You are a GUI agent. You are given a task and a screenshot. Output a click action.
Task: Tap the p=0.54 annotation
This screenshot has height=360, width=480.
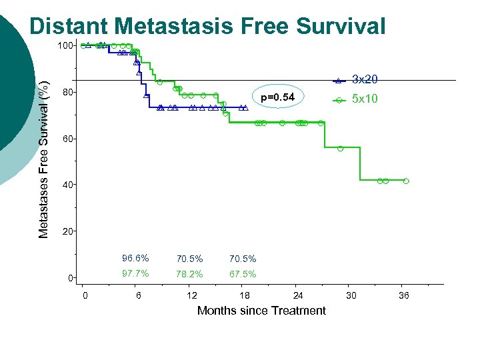point(277,98)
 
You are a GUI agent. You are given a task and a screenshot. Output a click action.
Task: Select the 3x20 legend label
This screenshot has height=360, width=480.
point(365,79)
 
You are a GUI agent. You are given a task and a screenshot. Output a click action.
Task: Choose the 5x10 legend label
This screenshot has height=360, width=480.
point(365,99)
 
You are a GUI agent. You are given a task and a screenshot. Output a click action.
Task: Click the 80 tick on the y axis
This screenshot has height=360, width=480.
point(67,92)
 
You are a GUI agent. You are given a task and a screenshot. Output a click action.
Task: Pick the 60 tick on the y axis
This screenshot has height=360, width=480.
point(67,139)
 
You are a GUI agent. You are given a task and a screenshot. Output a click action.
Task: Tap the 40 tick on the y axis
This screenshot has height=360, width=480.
point(67,185)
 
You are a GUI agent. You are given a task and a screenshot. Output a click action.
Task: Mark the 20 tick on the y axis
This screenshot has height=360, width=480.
point(67,231)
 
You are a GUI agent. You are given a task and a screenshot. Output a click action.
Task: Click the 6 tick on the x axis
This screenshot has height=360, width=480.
point(138,295)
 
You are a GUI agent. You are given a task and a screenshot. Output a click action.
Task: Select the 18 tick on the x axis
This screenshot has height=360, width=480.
point(245,295)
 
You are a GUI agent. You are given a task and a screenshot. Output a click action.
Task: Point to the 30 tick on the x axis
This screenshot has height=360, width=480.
point(351,295)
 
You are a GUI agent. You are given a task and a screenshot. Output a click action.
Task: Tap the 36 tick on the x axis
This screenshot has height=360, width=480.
point(404,295)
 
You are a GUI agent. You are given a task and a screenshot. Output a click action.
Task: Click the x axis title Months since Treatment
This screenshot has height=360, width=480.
point(261,311)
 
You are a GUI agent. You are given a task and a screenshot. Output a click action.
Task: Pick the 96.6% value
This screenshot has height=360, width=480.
point(135,258)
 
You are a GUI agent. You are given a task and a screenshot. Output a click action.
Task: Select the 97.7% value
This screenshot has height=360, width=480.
point(135,273)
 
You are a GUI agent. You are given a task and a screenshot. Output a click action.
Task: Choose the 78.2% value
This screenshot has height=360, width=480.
point(189,274)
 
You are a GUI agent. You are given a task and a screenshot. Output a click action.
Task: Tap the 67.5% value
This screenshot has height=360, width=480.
point(243,274)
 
